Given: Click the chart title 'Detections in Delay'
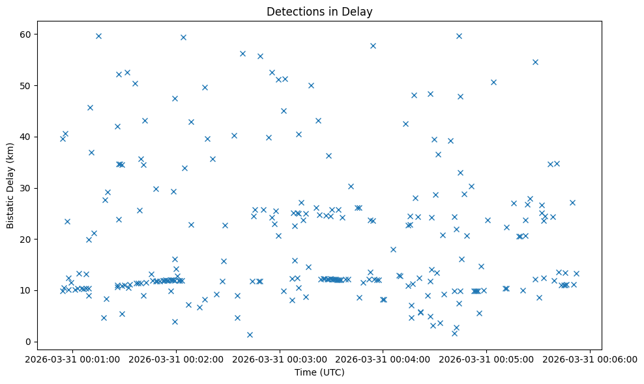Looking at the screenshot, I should coord(319,11).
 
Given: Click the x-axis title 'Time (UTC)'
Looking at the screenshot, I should coord(319,372).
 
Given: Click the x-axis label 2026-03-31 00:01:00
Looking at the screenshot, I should coord(72,359).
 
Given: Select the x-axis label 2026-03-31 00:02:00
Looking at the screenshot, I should coord(176,359).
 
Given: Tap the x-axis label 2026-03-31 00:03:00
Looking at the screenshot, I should coord(280,359).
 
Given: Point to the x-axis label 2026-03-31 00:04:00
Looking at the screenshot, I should coord(383,359).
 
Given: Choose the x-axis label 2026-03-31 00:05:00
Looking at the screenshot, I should coord(487,359).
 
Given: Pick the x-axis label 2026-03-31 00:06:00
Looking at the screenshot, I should coord(591,359).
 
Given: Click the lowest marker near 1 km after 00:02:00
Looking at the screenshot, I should coord(250,335).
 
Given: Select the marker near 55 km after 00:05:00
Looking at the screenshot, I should coord(535,62).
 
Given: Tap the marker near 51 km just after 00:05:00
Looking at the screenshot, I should coord(493,82).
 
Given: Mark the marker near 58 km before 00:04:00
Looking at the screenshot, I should coord(373,46).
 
